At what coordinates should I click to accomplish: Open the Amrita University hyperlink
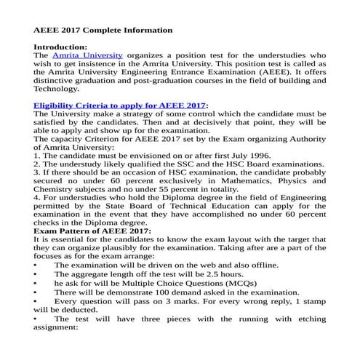[x=92, y=55]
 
